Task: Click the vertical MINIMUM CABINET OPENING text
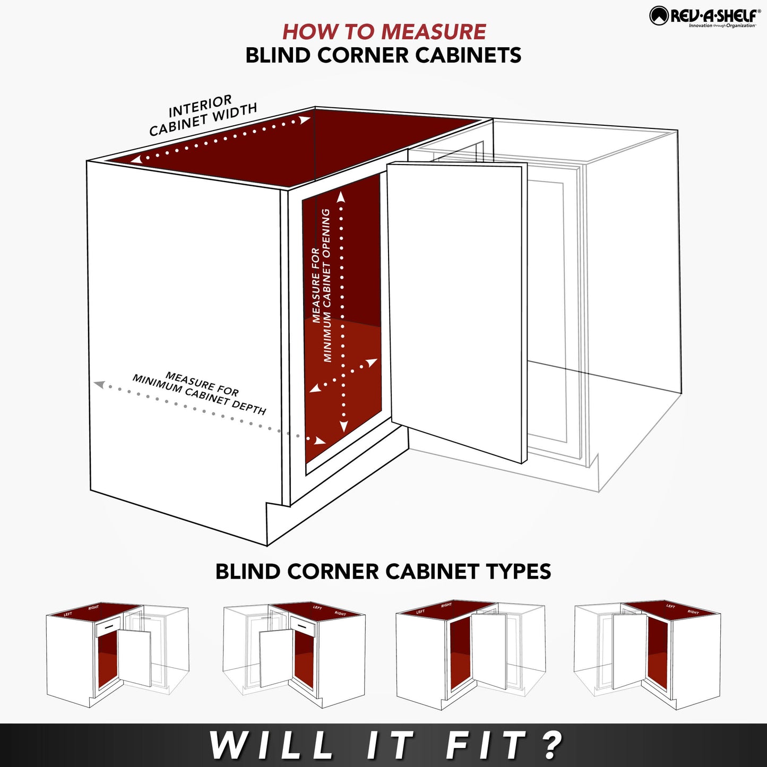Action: point(322,287)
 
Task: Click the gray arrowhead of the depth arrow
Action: point(99,384)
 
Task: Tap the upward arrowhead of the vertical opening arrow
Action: point(341,197)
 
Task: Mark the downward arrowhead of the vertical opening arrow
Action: point(343,426)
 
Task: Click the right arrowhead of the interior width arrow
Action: point(305,120)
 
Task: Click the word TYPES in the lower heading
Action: point(518,572)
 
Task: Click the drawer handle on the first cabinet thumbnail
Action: point(109,627)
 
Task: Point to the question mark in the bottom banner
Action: point(553,746)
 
